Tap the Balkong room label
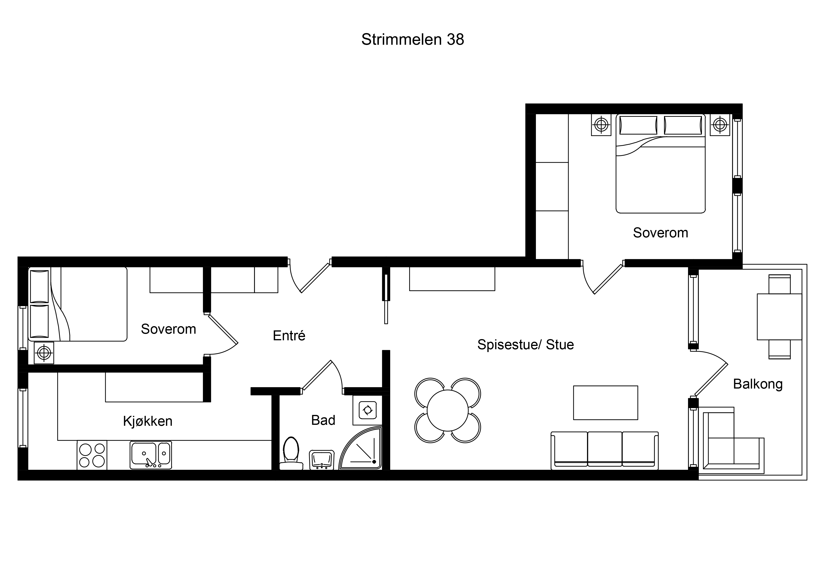(x=758, y=385)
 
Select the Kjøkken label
(x=148, y=421)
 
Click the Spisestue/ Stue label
(x=525, y=345)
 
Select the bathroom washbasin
(x=322, y=460)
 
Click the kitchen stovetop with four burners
(x=92, y=455)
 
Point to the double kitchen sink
(x=151, y=455)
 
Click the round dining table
(x=448, y=410)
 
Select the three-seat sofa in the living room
(x=604, y=451)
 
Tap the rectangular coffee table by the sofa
(x=605, y=403)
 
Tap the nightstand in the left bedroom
(x=44, y=353)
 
